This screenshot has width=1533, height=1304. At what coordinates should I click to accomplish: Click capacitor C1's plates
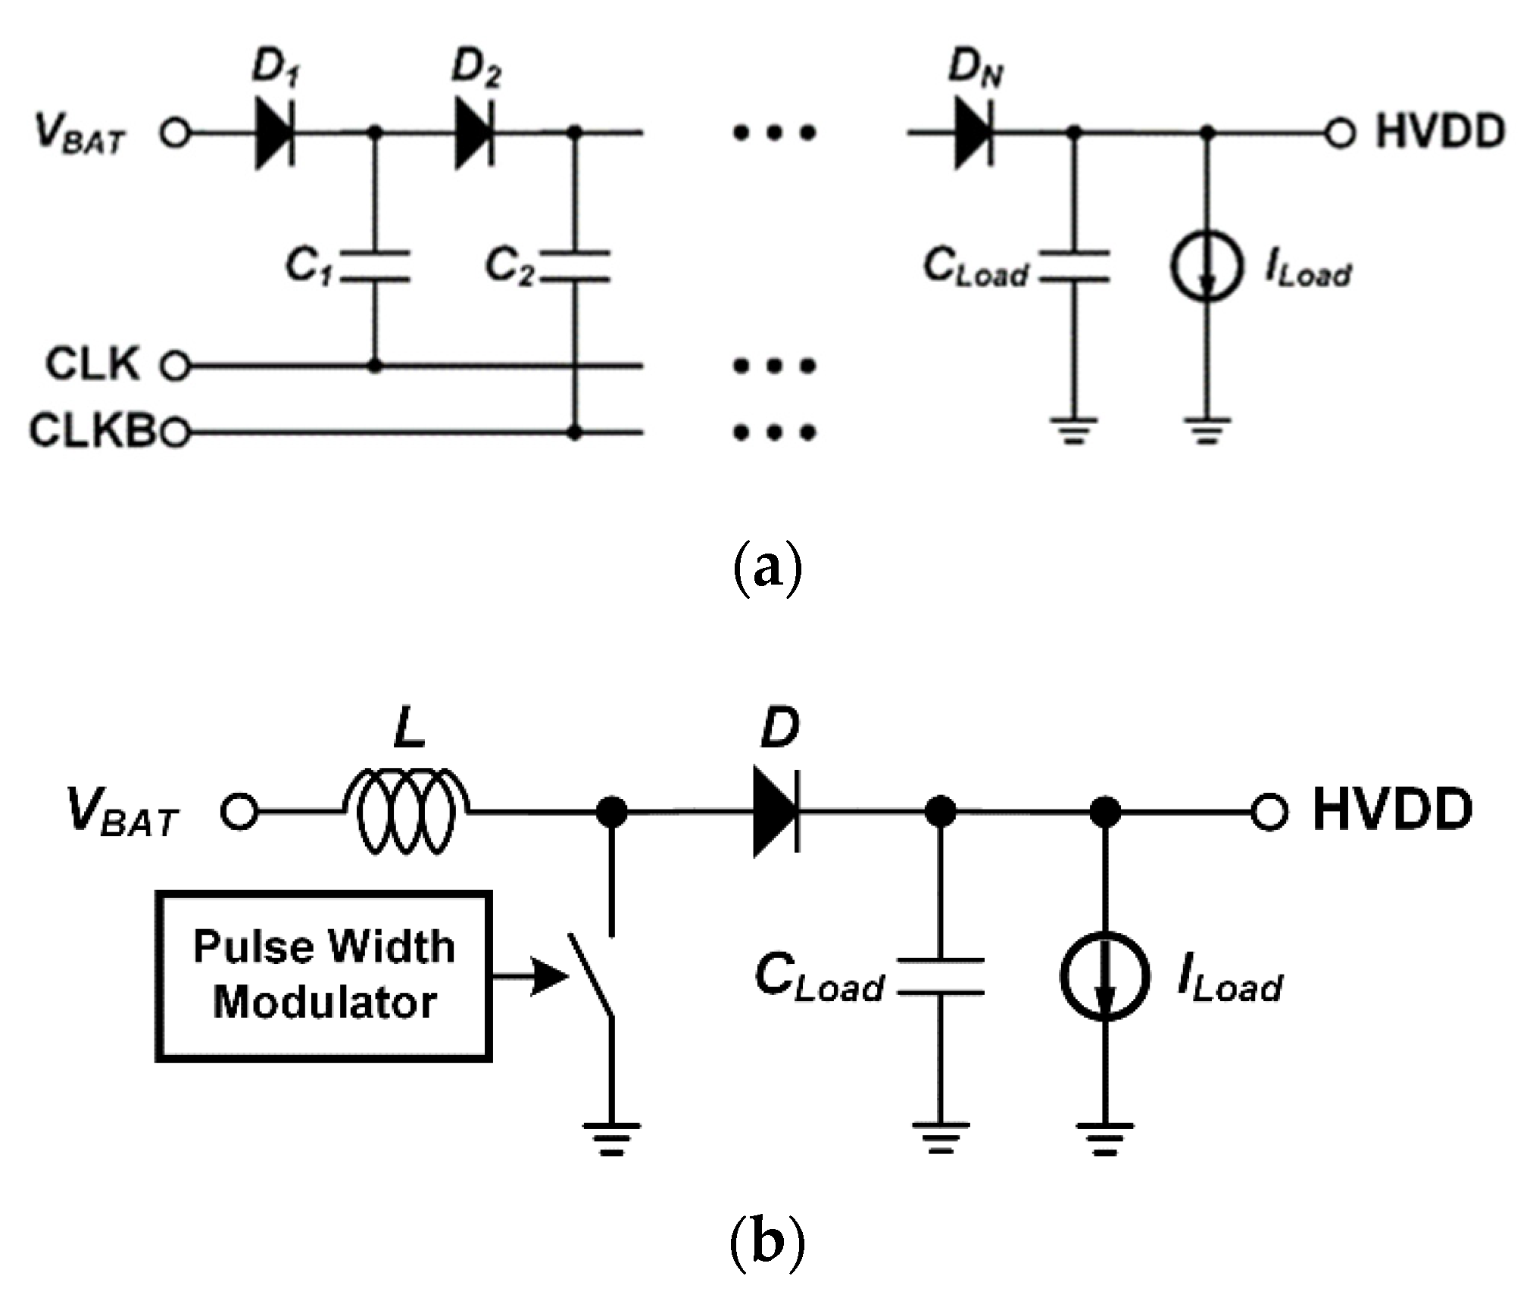click(x=374, y=266)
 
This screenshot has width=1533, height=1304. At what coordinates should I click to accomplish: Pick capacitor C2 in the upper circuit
click(x=575, y=266)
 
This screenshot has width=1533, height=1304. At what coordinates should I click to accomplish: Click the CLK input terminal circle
click(x=175, y=367)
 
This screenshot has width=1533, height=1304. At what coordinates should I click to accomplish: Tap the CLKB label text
click(x=91, y=432)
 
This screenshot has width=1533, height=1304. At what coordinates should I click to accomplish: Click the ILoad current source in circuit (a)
click(x=1207, y=267)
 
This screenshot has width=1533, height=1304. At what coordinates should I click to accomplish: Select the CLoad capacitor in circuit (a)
click(x=1073, y=267)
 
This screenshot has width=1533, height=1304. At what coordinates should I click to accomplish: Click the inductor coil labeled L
click(x=406, y=811)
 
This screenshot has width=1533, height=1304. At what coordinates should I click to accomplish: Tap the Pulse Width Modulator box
click(x=324, y=976)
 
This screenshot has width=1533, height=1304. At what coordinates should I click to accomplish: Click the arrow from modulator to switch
click(x=530, y=975)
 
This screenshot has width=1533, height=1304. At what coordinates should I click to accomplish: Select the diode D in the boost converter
click(x=775, y=811)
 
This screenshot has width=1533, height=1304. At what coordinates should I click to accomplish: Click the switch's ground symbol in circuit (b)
click(x=610, y=1139)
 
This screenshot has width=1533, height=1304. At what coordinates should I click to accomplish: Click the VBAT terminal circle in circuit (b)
click(x=239, y=813)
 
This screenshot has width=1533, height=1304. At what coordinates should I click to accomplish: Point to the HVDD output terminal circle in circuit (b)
click(x=1269, y=813)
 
